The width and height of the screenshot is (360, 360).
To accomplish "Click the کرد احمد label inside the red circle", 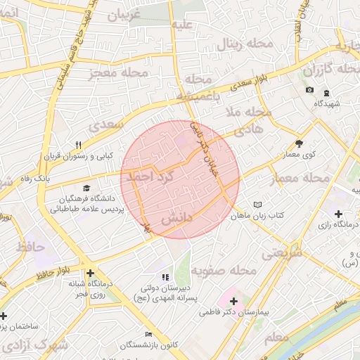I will click(x=149, y=178).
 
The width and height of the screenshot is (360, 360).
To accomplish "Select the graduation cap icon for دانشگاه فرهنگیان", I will click(x=86, y=188).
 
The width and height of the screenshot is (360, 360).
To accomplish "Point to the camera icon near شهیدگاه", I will click(x=309, y=90).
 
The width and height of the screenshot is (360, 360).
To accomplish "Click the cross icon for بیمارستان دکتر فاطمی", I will click(x=233, y=300).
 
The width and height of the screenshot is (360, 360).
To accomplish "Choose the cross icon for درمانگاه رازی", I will click(x=339, y=213).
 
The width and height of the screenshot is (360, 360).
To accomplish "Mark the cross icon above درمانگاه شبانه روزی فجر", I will click(x=90, y=274).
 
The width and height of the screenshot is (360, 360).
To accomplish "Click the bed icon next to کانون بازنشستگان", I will click(x=148, y=334).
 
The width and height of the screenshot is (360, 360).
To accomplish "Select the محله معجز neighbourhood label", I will click(x=119, y=72).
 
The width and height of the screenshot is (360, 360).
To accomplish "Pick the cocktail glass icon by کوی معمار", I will click(x=299, y=143).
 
